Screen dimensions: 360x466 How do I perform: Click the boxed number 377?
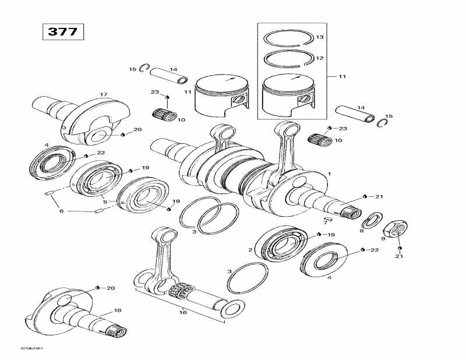pyautogui.click(x=62, y=31)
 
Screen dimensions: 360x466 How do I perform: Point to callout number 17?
pyautogui.click(x=104, y=94)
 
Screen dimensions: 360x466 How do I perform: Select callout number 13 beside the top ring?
pyautogui.click(x=319, y=38)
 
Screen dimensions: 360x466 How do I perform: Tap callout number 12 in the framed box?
pyautogui.click(x=319, y=58)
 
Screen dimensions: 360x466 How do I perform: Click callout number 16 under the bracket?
pyautogui.click(x=184, y=312)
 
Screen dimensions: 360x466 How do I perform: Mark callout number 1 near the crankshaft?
pyautogui.click(x=329, y=174)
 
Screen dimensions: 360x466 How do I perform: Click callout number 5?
pyautogui.click(x=105, y=202)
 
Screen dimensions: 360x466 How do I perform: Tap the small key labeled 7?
pyautogui.click(x=327, y=220)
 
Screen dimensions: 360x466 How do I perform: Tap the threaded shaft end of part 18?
pyautogui.click(x=116, y=332)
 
